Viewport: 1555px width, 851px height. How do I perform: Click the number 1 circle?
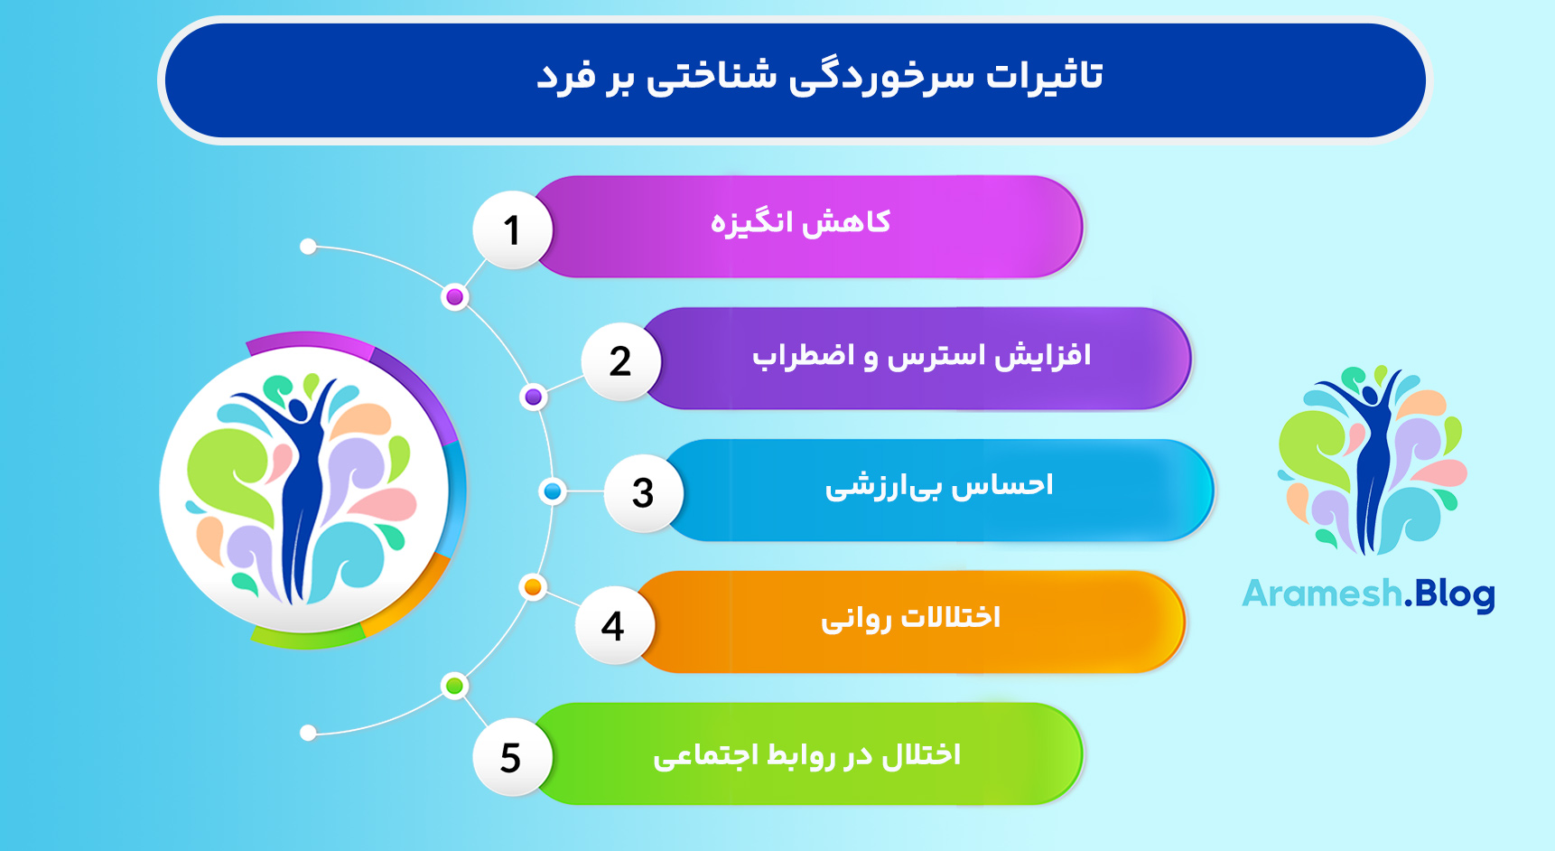(x=512, y=229)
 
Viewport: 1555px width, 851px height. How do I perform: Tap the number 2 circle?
(x=620, y=361)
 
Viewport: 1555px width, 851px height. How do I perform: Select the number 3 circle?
(x=642, y=492)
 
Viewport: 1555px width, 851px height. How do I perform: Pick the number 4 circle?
(x=613, y=625)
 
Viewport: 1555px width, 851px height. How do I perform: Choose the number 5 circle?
(x=511, y=757)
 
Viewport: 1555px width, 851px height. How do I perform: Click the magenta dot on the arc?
(x=455, y=297)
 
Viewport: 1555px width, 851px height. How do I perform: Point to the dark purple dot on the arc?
(x=534, y=397)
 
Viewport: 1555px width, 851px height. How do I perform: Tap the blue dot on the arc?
(x=552, y=491)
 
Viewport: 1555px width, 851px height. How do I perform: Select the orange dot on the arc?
(x=533, y=587)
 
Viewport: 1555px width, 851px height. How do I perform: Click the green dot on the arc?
(x=455, y=687)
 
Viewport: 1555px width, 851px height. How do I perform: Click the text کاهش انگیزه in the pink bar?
(x=800, y=222)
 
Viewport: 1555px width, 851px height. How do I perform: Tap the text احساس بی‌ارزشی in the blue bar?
(x=939, y=486)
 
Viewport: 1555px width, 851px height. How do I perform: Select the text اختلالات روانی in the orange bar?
(x=910, y=618)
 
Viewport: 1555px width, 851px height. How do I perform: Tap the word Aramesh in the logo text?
(x=1321, y=594)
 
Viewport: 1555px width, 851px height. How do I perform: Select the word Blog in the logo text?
(x=1455, y=595)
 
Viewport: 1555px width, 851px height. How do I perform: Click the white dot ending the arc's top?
(x=308, y=247)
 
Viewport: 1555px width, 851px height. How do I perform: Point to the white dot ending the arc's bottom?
(x=308, y=733)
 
